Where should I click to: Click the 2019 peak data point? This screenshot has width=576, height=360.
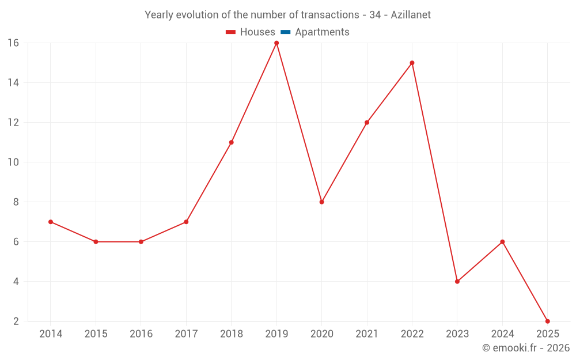click(x=276, y=43)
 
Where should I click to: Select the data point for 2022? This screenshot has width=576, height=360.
click(x=412, y=63)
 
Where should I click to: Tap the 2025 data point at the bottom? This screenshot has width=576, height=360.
click(x=547, y=321)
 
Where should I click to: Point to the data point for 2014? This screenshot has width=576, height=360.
click(x=51, y=222)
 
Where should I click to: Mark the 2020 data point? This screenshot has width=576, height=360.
click(x=321, y=202)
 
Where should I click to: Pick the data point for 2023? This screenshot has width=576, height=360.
click(x=457, y=282)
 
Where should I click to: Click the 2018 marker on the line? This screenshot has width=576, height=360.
click(x=231, y=142)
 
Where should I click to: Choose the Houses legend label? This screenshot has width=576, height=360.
click(x=257, y=32)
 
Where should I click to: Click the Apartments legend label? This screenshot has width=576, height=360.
click(x=322, y=32)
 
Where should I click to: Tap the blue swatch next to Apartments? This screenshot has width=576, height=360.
click(x=286, y=32)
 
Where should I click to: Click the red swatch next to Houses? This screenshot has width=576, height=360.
click(x=231, y=32)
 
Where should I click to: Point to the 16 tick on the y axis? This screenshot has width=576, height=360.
click(x=13, y=43)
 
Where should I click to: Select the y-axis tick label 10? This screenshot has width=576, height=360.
click(x=13, y=162)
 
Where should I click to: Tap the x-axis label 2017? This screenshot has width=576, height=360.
click(x=186, y=334)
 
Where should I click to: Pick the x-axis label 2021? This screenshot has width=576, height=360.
click(x=367, y=334)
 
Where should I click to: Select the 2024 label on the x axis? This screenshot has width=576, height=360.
click(x=502, y=334)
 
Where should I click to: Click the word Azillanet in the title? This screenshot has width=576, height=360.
click(x=411, y=15)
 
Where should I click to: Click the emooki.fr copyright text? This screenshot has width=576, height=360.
click(x=526, y=348)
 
